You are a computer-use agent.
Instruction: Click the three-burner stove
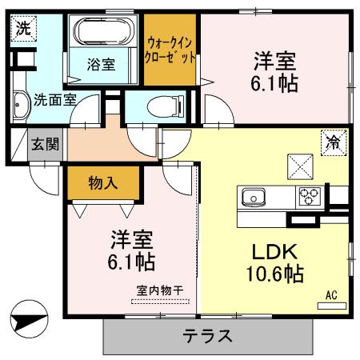pos(310,196)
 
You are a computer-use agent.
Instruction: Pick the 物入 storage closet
pos(104,183)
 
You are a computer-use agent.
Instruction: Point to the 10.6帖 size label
pos(274,274)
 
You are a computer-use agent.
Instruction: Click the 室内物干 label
pos(161,292)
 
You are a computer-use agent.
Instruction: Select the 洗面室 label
pos(54,99)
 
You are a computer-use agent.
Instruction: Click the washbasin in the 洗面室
pos(19,101)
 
